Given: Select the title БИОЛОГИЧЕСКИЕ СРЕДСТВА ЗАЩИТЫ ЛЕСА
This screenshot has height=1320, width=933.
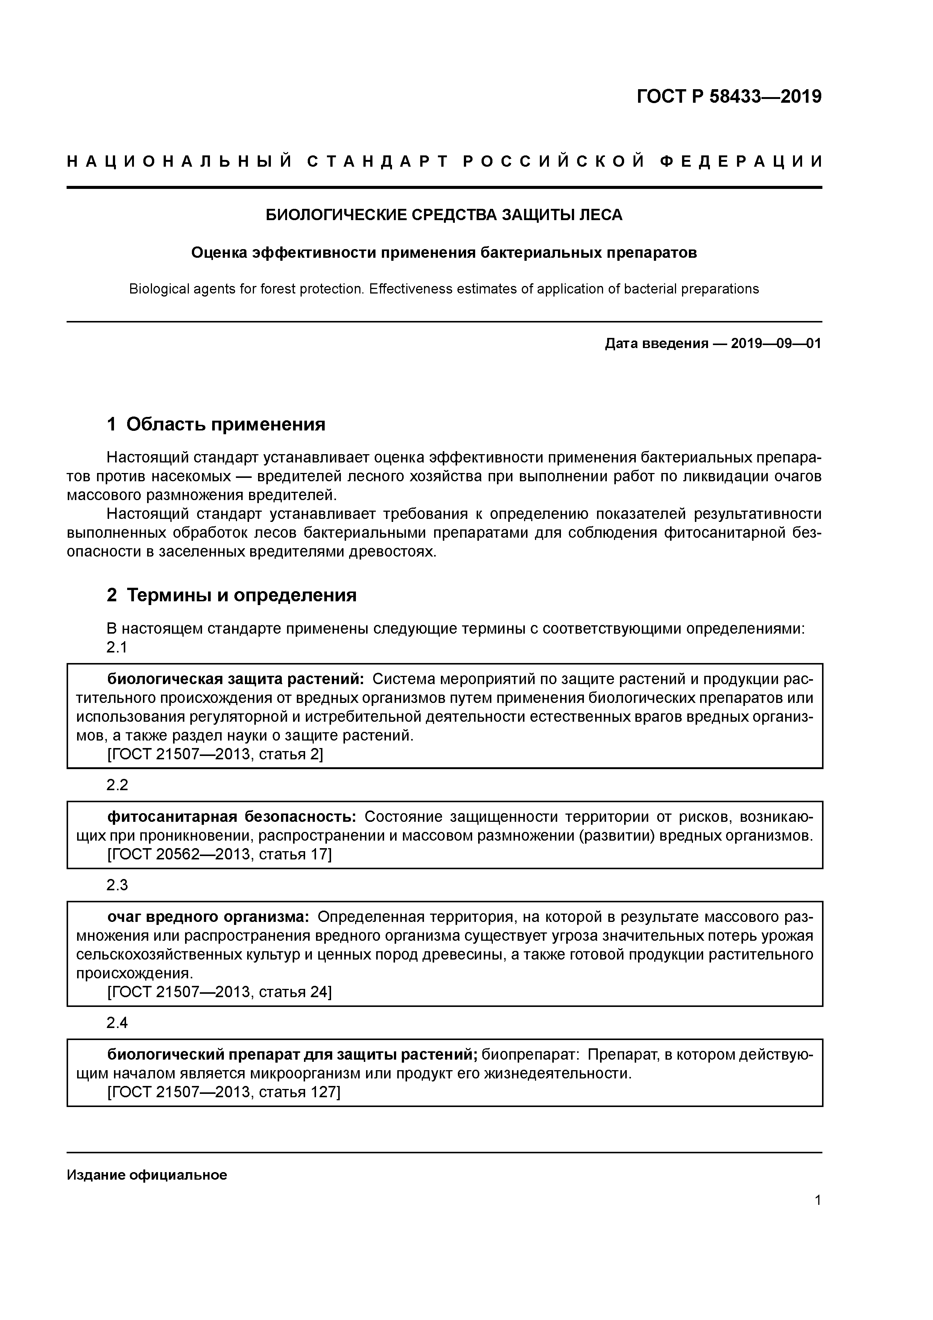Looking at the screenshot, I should point(444,215).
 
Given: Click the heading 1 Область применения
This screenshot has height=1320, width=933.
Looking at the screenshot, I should point(216,425).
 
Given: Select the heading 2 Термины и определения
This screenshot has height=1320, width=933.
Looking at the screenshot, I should point(232,595).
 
